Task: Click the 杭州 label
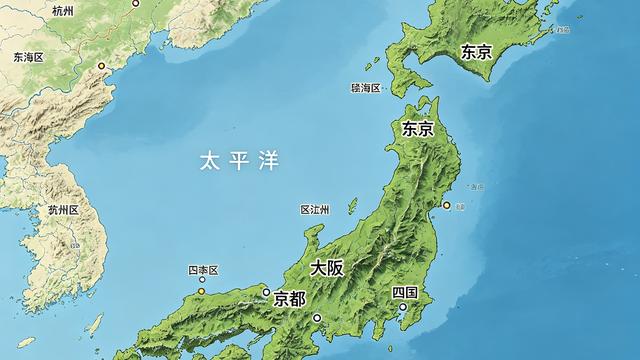coord(63,11)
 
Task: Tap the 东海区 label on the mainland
coord(29,58)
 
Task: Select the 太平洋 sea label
coord(239,160)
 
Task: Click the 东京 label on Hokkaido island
coord(476,52)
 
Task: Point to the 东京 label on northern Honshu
coord(417,129)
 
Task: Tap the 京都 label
coord(290,298)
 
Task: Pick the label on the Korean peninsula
coord(63,210)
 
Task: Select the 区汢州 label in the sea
coord(315,210)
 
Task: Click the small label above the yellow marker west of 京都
coord(202,271)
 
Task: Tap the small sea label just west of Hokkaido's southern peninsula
coord(365,88)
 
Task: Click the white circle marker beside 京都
coord(266,292)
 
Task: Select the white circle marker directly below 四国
coord(404,307)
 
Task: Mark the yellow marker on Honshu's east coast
coord(446,205)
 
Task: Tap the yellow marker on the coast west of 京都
coord(202,291)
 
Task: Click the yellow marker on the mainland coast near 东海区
coord(101,66)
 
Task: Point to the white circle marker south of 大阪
coord(317,318)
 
